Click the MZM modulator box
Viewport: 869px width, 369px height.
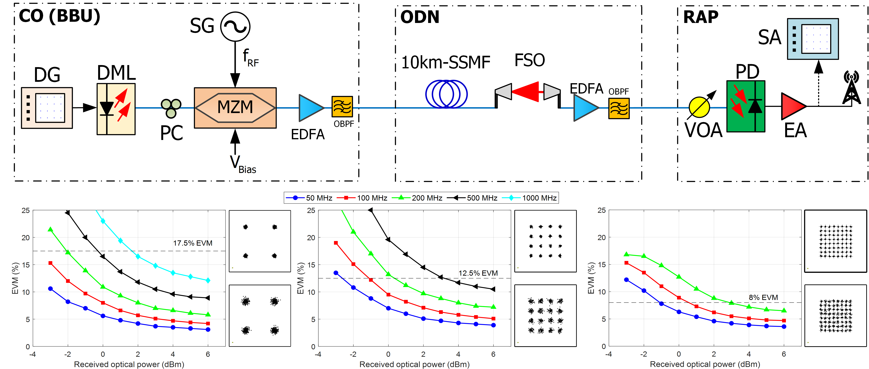[235, 108]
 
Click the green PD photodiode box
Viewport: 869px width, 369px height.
[745, 106]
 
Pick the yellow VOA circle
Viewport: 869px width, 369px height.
[699, 107]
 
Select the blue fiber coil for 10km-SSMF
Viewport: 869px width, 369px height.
[446, 94]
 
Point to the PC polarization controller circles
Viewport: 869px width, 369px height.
[171, 108]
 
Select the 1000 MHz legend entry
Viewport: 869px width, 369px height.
[530, 198]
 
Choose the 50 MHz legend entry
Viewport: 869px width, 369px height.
[309, 198]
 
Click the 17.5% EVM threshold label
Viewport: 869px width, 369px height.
[193, 243]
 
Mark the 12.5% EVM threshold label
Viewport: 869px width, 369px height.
[478, 273]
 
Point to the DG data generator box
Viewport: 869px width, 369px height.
[47, 108]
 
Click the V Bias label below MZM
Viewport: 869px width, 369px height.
[243, 164]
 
